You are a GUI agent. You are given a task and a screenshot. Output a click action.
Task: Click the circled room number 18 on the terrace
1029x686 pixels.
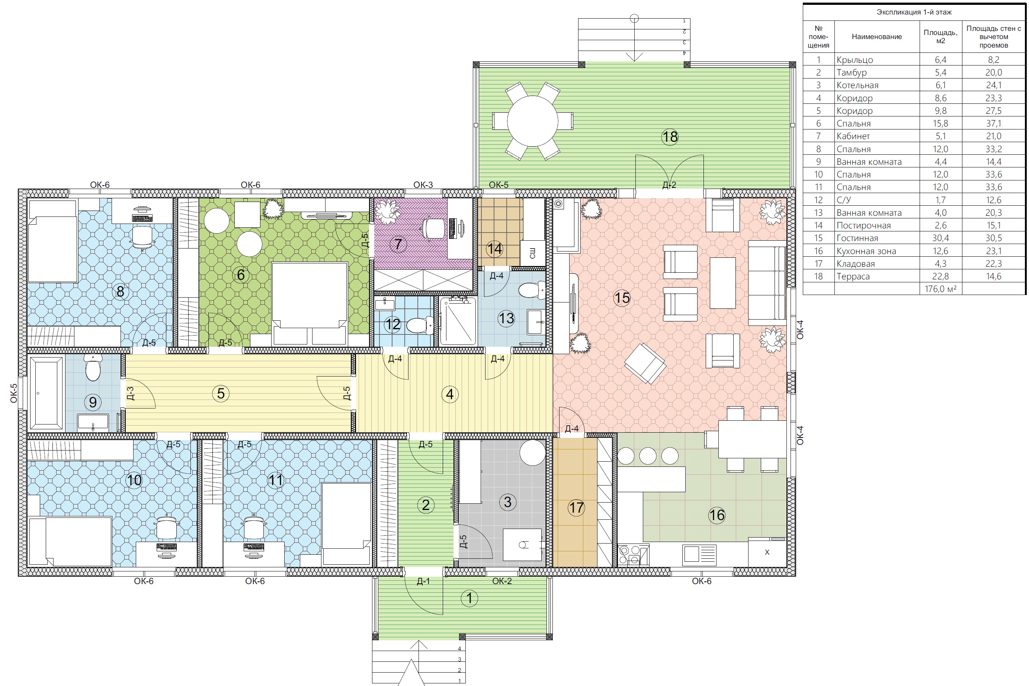[670, 137]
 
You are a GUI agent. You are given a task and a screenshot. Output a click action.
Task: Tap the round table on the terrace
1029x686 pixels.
[532, 121]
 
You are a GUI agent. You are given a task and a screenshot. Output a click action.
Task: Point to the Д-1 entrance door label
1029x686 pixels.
[423, 581]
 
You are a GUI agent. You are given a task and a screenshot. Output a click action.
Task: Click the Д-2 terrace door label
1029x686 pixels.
[669, 185]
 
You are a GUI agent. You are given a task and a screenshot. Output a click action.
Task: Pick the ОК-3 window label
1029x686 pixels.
[423, 185]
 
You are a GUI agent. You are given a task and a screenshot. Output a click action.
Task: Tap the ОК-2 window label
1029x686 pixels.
[502, 581]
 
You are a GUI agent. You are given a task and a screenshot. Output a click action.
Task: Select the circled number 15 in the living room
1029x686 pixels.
[622, 298]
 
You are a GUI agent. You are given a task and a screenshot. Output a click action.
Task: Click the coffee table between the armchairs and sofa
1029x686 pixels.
[722, 283]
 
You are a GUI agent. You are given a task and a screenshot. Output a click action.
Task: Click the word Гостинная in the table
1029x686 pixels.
[857, 238]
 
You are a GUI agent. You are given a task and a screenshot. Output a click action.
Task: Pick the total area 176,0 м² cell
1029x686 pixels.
[940, 289]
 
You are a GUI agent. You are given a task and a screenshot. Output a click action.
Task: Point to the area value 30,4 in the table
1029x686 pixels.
[940, 238]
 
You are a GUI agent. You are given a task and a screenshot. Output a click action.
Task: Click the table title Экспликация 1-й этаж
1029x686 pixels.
[914, 12]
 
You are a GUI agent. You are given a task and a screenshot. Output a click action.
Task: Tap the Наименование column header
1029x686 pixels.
[877, 37]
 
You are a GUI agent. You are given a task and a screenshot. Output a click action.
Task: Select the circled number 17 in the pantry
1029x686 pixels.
[576, 508]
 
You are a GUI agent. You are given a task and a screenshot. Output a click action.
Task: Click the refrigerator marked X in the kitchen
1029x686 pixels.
[767, 552]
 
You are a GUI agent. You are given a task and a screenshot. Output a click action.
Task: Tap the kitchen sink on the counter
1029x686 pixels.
[699, 554]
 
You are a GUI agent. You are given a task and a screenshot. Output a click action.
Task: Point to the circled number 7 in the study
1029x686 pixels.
[398, 244]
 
